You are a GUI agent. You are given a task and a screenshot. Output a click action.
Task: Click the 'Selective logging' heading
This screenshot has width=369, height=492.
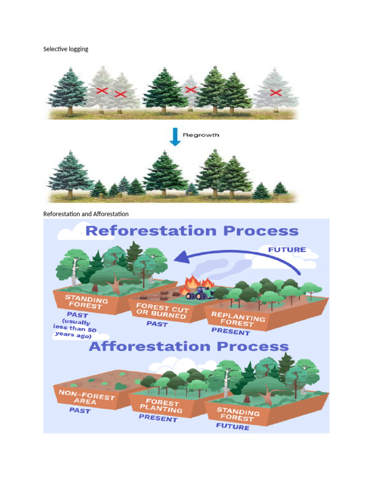pyautogui.click(x=66, y=49)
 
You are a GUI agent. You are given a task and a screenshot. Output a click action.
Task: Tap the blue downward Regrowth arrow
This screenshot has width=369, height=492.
pyautogui.click(x=174, y=136)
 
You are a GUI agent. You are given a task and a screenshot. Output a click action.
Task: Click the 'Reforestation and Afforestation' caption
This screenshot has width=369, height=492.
pyautogui.click(x=86, y=213)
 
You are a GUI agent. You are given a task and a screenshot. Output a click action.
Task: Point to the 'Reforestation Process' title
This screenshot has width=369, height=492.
pyautogui.click(x=192, y=231)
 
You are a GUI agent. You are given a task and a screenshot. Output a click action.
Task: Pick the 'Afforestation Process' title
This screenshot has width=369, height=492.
pyautogui.click(x=189, y=346)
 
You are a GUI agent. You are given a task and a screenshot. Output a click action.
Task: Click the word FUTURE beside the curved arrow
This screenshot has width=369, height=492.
pyautogui.click(x=286, y=249)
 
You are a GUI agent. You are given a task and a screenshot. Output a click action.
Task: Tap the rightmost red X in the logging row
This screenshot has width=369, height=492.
pyautogui.click(x=275, y=92)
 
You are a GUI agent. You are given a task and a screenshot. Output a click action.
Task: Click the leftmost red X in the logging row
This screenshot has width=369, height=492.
pyautogui.click(x=101, y=90)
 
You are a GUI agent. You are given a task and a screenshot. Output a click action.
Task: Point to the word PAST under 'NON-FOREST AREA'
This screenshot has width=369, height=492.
pyautogui.click(x=79, y=411)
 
